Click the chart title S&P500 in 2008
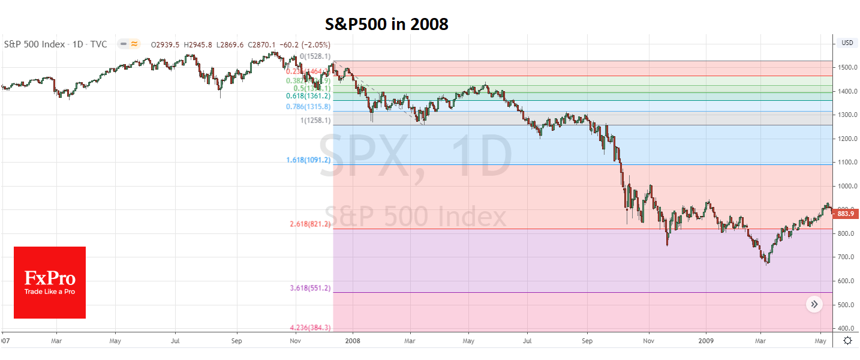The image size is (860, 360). [x=386, y=23]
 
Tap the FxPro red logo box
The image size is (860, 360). [x=50, y=283]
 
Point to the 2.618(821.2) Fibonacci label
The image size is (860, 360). [x=311, y=224]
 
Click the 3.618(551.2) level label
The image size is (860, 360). [x=311, y=288]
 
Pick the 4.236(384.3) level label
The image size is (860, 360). [x=311, y=328]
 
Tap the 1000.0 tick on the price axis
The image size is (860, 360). [x=846, y=186]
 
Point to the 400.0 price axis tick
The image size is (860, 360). [x=846, y=329]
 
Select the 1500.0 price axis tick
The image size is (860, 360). [x=846, y=67]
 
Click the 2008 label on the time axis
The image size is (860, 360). [x=353, y=341]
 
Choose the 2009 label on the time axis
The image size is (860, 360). [x=706, y=341]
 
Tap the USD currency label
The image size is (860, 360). [x=847, y=43]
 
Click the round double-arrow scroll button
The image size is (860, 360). [x=814, y=305]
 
